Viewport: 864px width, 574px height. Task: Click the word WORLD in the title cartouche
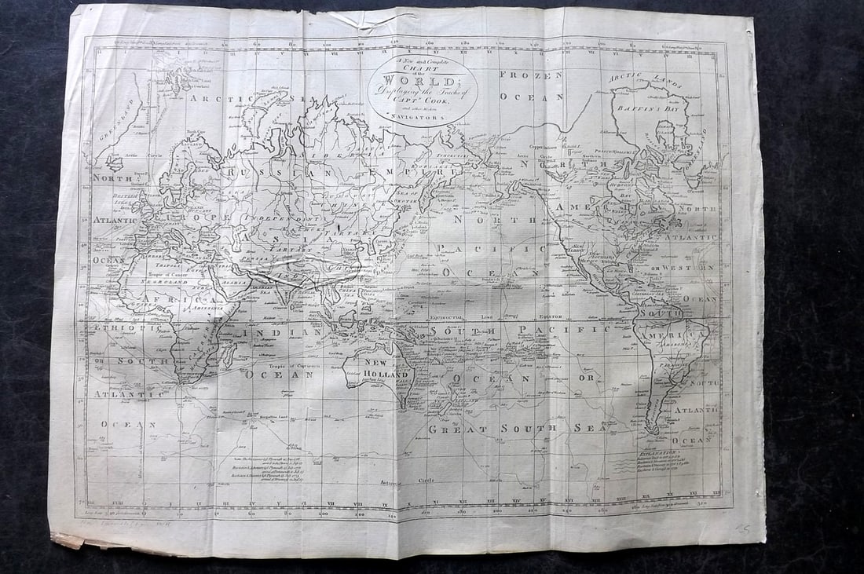click(422, 81)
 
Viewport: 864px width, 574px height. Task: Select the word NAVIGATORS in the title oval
click(423, 117)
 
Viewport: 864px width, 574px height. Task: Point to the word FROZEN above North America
click(531, 75)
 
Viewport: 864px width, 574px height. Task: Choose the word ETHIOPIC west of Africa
click(115, 326)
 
